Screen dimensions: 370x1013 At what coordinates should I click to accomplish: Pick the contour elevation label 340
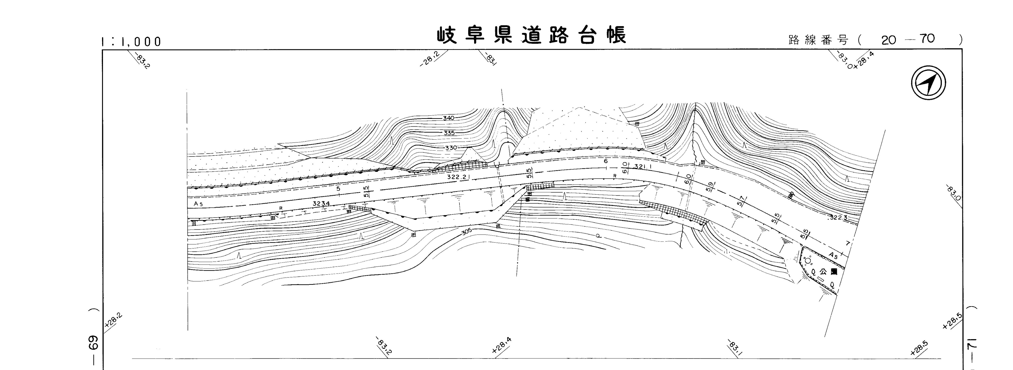[x=448, y=118]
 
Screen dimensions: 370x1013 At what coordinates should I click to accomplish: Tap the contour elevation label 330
[x=451, y=148]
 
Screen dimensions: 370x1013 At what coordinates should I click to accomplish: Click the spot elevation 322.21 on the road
[x=459, y=177]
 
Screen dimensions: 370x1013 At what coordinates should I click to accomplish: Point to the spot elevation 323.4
[x=321, y=203]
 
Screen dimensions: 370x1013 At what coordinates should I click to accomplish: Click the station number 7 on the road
[x=848, y=244]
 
